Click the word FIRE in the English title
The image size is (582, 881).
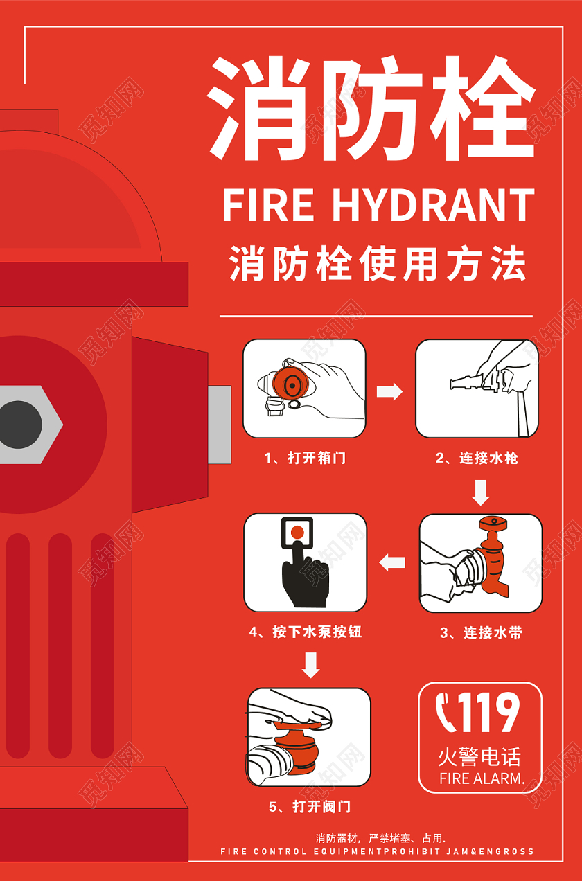pyautogui.click(x=267, y=205)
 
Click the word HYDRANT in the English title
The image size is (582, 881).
pyautogui.click(x=432, y=205)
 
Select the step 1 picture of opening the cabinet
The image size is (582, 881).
pyautogui.click(x=303, y=388)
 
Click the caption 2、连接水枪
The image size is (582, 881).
pyautogui.click(x=477, y=458)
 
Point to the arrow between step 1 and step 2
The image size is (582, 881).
pyautogui.click(x=389, y=391)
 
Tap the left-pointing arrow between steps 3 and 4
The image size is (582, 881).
pyautogui.click(x=393, y=562)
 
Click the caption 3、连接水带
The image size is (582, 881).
pyautogui.click(x=481, y=632)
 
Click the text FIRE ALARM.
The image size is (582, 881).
pyautogui.click(x=481, y=778)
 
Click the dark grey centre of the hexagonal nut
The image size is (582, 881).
pyautogui.click(x=19, y=425)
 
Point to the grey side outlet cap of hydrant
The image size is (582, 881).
pyautogui.click(x=220, y=424)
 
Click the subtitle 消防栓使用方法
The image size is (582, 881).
pyautogui.click(x=377, y=265)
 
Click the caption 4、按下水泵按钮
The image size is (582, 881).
pyautogui.click(x=306, y=632)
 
